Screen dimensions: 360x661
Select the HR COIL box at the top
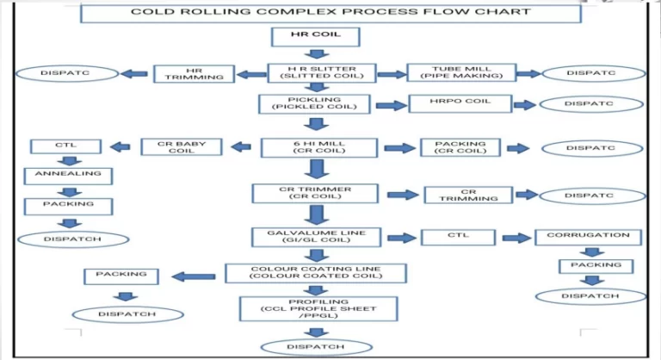click(315, 37)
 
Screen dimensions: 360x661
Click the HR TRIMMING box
click(194, 74)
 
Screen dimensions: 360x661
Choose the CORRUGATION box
click(589, 235)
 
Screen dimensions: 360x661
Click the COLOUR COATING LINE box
click(315, 273)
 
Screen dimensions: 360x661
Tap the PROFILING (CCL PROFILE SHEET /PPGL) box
click(318, 308)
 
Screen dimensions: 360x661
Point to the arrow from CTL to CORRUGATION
click(516, 237)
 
